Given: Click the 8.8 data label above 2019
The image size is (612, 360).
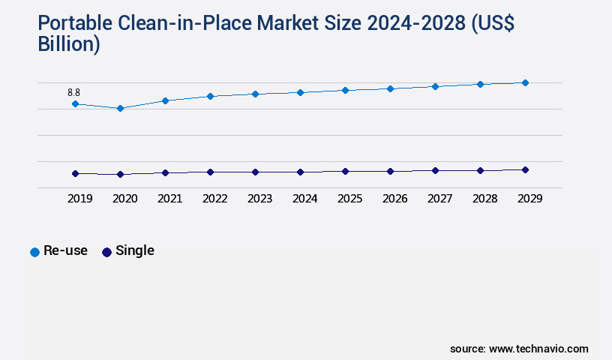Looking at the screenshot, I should click(x=73, y=92).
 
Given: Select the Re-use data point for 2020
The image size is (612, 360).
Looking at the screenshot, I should click(x=120, y=108).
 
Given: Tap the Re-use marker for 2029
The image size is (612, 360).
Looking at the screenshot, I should click(x=525, y=82).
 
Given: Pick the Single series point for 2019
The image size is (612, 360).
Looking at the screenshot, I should click(x=75, y=173).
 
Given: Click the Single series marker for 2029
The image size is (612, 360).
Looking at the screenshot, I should click(x=525, y=169).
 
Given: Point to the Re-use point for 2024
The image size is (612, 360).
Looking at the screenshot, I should click(x=300, y=92).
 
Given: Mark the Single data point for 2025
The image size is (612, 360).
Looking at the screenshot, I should click(x=345, y=171).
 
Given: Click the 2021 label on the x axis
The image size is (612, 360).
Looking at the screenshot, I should click(x=169, y=199).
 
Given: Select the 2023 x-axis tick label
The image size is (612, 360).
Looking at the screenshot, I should click(x=259, y=199).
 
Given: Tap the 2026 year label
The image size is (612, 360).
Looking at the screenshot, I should click(x=394, y=199).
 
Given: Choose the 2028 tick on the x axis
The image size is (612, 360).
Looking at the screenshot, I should click(x=484, y=199).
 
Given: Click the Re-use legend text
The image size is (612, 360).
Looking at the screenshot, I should click(x=65, y=250).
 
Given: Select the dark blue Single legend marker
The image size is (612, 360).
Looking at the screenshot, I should click(x=106, y=252).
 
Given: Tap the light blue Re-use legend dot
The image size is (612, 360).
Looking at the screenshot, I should click(x=34, y=252).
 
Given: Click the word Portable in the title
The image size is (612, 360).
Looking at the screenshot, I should click(x=73, y=24).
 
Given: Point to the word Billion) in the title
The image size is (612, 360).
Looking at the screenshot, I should click(x=69, y=45).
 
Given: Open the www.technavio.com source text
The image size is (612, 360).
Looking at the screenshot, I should click(x=538, y=349).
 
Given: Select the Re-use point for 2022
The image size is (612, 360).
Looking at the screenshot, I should click(x=210, y=96).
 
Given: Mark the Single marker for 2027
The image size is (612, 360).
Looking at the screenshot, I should click(x=435, y=170).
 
